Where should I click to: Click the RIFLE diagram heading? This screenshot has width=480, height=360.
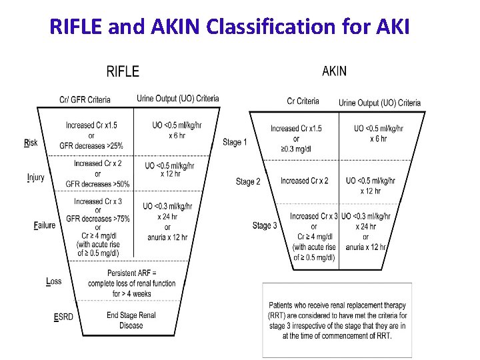[123, 71]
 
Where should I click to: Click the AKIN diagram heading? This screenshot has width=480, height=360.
[334, 71]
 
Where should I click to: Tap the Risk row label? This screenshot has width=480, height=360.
[31, 143]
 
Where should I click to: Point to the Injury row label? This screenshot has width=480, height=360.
[35, 177]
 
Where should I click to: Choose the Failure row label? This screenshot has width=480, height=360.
[44, 225]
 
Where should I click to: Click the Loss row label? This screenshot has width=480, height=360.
[53, 281]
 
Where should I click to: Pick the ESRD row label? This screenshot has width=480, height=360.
[63, 317]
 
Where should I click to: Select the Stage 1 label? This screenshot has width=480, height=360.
[235, 142]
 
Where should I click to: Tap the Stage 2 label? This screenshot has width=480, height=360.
[248, 181]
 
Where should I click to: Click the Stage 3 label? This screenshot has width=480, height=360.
[265, 225]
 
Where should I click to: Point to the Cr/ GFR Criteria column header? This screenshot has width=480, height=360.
[85, 100]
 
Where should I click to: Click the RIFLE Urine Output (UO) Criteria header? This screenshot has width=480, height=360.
[177, 99]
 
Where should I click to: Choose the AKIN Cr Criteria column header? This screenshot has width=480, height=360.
[303, 101]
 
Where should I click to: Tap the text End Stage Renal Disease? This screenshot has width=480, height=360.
[131, 320]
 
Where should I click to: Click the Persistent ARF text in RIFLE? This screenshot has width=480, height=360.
[131, 273]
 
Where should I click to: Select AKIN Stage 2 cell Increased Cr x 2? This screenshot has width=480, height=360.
[304, 181]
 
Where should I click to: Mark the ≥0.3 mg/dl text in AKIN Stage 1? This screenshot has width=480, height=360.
[296, 149]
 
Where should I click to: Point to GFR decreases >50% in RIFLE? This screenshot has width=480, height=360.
[97, 184]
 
